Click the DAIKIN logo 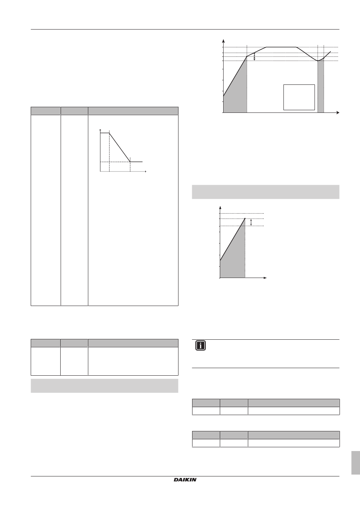pos(185,480)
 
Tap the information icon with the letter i pos(200,346)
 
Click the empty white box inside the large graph pos(299,97)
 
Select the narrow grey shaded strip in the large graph pos(321,86)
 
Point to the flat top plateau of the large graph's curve pos(281,47)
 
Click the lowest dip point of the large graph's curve pos(318,61)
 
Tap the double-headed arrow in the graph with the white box pos(255,56)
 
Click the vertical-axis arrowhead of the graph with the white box pos(224,41)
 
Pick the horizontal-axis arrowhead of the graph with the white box pos(338,112)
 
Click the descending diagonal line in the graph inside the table pos(120,147)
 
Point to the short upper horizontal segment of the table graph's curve pos(105,133)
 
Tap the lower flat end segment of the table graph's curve pos(136,162)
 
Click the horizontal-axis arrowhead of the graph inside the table pos(145,171)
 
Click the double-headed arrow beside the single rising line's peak pos(251,222)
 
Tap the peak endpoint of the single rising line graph pos(245,219)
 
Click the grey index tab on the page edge pos(355,463)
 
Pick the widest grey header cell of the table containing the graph pos(133,111)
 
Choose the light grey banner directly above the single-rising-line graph pos(266,192)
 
